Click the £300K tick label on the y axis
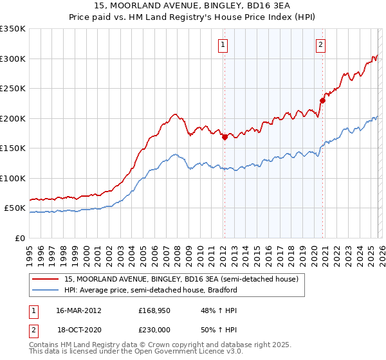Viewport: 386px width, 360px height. coord(13,59)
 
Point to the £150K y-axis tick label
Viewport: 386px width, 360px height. coord(13,148)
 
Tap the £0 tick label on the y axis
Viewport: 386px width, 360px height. coord(19,238)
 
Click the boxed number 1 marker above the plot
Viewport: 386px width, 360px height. coord(223,44)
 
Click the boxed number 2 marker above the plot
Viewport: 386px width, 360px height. coord(320,44)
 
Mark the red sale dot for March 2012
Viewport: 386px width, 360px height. coord(225,137)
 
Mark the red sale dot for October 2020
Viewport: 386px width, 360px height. coord(323,100)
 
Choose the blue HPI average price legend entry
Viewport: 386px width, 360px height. coord(151,290)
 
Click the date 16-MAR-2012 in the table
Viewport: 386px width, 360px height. coord(79,310)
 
